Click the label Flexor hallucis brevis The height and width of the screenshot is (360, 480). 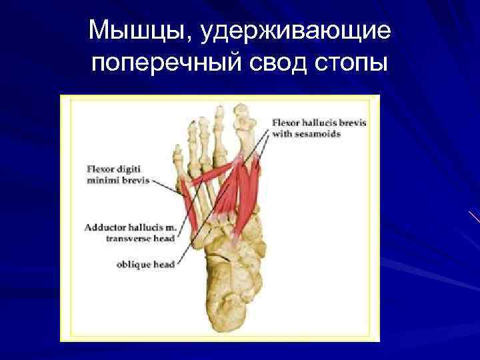click(319, 123)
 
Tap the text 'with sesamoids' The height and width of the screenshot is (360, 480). click(306, 133)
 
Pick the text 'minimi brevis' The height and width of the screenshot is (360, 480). click(118, 180)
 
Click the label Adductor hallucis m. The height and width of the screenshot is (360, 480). click(129, 227)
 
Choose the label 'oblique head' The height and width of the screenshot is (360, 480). click(145, 265)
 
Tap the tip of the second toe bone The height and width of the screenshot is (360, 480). click(217, 108)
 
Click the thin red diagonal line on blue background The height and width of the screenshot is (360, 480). click(474, 217)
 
